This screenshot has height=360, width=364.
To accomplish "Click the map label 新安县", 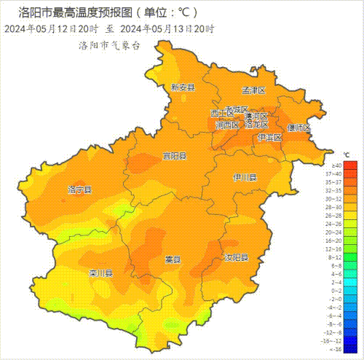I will click(183, 87).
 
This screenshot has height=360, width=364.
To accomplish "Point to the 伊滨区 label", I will click(269, 137).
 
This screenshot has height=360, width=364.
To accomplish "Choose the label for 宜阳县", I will click(175, 156).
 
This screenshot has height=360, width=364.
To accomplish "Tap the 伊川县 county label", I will click(245, 177).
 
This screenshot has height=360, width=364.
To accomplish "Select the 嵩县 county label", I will click(173, 259).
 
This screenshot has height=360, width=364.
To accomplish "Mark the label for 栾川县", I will click(101, 274).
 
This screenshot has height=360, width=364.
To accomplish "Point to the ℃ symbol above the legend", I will click(347, 155).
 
